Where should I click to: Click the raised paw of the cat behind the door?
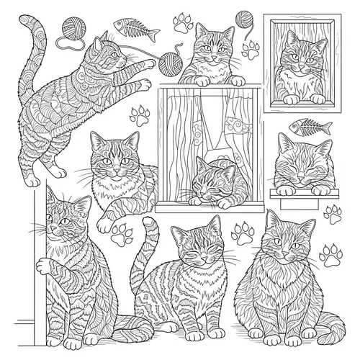[x=45, y=267]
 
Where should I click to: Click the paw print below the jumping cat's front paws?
[x=140, y=114]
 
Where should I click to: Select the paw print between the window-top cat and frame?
[x=251, y=49]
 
